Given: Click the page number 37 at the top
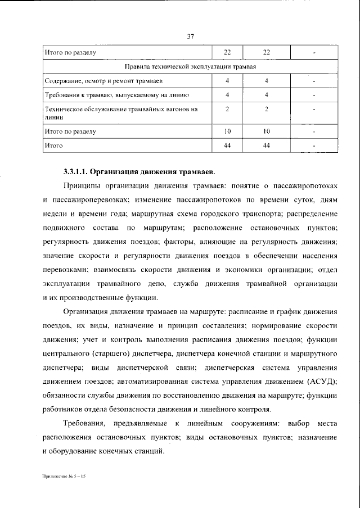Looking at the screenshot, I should pos(190,37).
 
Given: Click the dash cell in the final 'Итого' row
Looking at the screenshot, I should pos(314,146).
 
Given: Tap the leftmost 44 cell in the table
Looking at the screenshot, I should pos(227,146).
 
